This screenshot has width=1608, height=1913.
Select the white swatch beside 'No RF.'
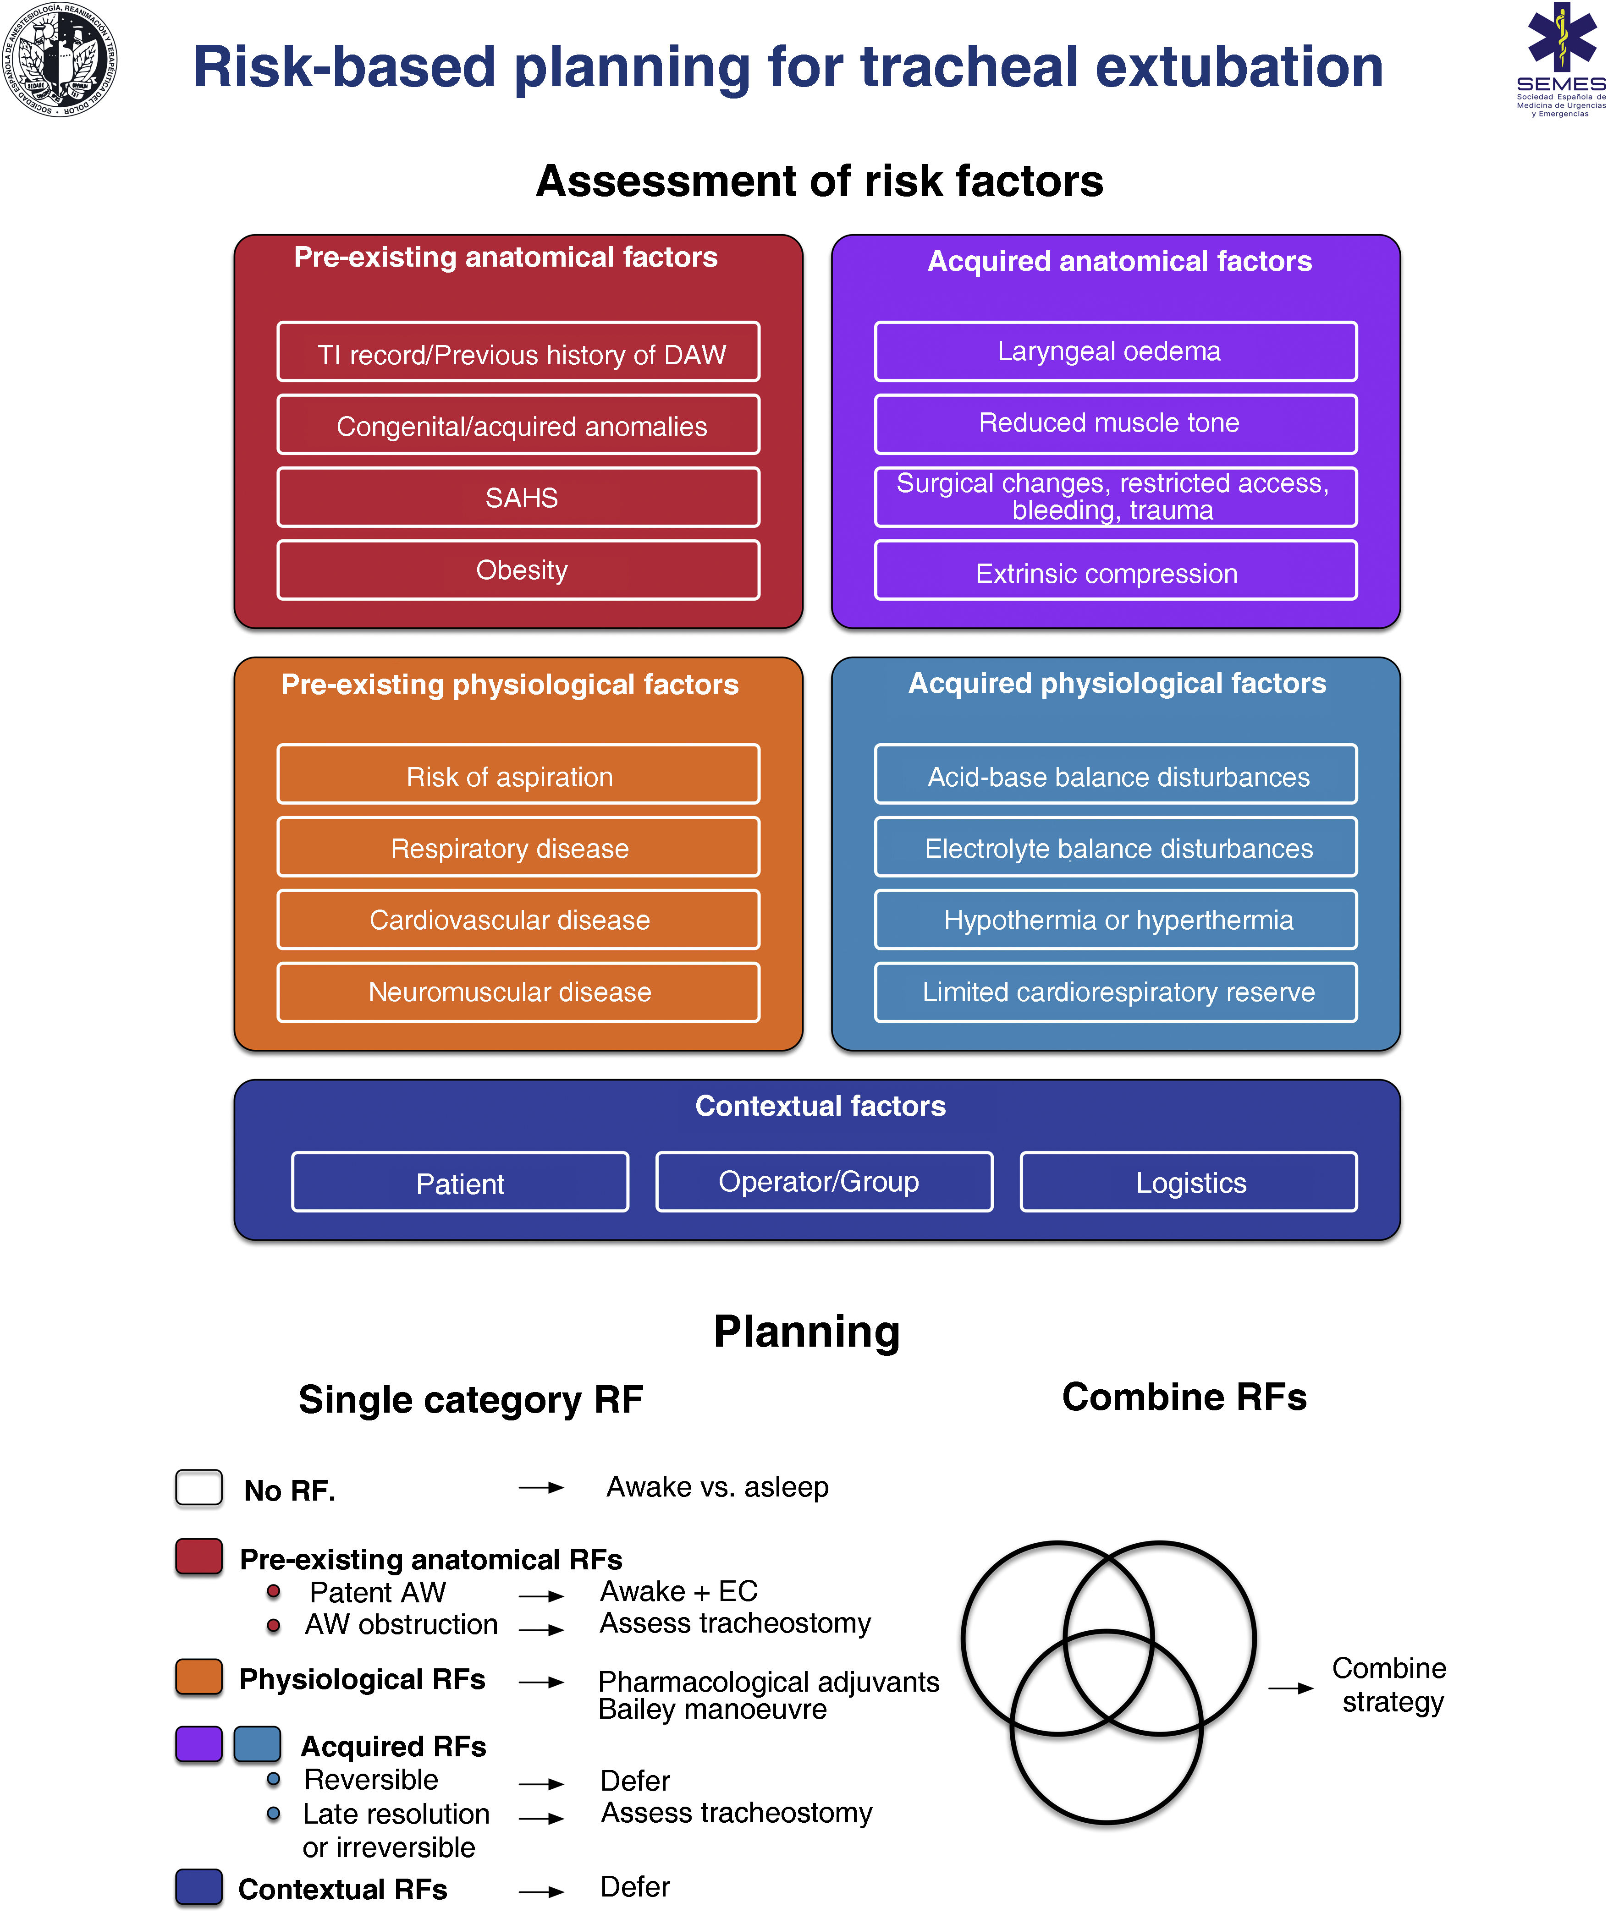(199, 1487)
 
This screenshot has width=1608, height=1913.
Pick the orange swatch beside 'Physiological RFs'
(199, 1677)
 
